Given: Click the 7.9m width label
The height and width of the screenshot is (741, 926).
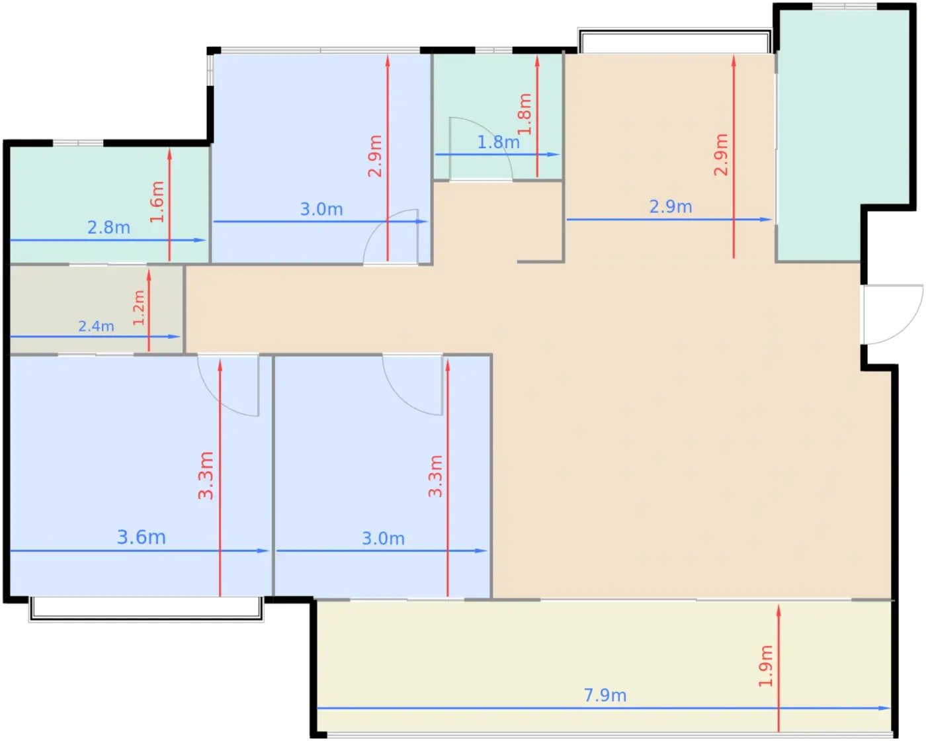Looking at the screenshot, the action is (605, 695).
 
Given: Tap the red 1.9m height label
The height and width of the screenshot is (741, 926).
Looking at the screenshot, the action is (765, 666).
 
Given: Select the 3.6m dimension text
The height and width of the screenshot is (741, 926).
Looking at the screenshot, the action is (141, 537).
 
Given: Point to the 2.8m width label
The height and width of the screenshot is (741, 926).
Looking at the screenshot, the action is (108, 228).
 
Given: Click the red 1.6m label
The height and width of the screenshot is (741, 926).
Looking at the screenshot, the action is (157, 202).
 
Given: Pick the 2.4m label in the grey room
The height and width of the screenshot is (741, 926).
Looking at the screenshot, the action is (96, 326).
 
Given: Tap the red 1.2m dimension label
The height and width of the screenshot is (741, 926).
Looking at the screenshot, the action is (138, 308).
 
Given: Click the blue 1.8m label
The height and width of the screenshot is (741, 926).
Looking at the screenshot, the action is (499, 142).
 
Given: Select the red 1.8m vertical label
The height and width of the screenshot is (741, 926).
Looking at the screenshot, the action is (525, 114).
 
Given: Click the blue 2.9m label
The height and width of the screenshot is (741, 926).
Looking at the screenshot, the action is (671, 206).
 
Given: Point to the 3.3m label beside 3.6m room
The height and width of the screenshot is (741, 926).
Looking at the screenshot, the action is (206, 475).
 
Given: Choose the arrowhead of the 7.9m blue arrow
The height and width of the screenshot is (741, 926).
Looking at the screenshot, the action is (885, 709).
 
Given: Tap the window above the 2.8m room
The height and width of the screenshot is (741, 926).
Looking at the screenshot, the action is (78, 142).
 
